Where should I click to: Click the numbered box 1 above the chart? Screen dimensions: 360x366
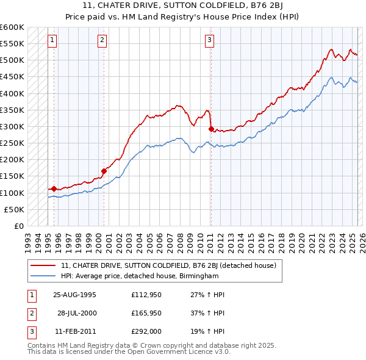[52, 41]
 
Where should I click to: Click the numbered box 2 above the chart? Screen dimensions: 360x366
[102, 41]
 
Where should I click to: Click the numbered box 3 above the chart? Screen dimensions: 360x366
[209, 41]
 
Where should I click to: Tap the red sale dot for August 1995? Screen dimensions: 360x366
[54, 189]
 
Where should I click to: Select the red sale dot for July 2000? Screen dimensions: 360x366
[104, 171]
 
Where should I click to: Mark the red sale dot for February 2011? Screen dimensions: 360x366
[211, 129]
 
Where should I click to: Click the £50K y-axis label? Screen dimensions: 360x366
[15, 209]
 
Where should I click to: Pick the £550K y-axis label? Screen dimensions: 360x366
[12, 44]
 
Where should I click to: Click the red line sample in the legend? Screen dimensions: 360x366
[43, 266]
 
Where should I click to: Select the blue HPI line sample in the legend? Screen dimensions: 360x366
[43, 276]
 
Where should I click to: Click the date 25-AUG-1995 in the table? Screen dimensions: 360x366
[74, 295]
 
